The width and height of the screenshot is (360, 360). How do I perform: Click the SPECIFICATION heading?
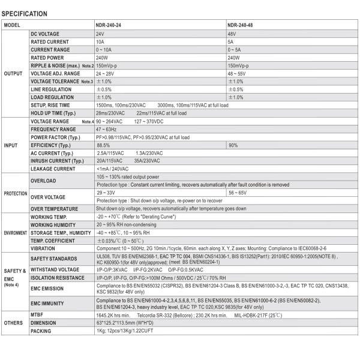25,13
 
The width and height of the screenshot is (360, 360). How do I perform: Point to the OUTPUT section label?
13,73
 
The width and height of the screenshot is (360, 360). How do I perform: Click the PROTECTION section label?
15,194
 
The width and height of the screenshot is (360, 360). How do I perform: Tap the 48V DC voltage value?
232,34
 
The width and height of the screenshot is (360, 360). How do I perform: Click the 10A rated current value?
101,42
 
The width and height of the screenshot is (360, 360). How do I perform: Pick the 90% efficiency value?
233,145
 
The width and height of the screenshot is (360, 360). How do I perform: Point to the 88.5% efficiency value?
103,145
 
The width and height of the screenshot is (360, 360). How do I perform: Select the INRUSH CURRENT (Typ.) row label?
58,161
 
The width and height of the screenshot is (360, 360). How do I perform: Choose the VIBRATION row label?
43,248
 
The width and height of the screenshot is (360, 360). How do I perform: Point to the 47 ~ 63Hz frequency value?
107,129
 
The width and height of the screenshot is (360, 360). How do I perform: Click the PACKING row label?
41,331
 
